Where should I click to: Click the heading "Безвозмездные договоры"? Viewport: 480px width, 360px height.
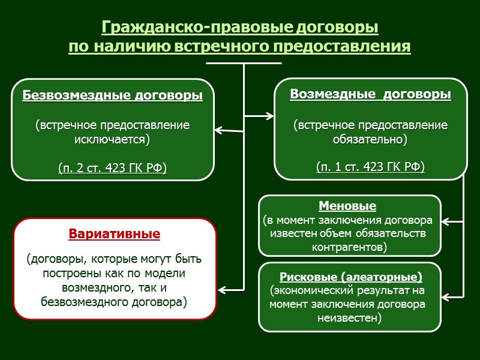click(112, 95)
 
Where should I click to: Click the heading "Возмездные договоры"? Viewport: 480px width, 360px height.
click(370, 94)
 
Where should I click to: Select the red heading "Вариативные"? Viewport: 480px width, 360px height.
click(115, 234)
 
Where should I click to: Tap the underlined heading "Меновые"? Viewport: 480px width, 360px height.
click(347, 206)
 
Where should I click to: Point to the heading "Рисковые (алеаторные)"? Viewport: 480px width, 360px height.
click(351, 277)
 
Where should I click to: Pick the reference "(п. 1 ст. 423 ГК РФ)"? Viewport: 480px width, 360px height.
click(370, 167)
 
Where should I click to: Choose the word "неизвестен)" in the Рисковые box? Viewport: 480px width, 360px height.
click(350, 318)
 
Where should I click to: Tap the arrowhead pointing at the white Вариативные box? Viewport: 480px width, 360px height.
click(221, 290)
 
